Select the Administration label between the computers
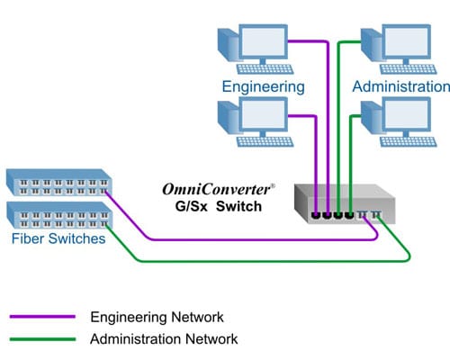click(x=400, y=87)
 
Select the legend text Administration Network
click(x=164, y=339)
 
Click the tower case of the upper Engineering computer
click(x=228, y=47)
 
